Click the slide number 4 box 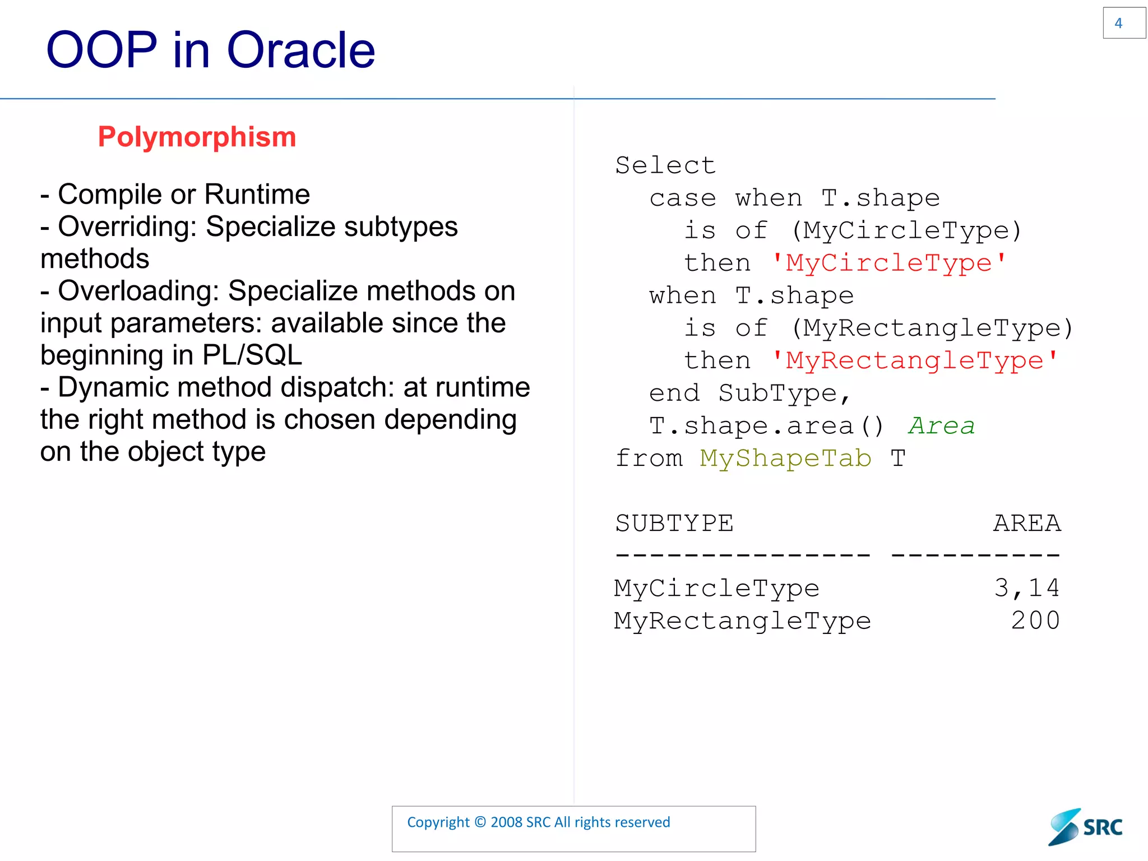(x=1123, y=23)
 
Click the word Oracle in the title (x=300, y=50)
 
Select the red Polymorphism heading (x=197, y=137)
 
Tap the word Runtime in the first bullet (x=257, y=195)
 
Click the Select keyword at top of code (x=665, y=165)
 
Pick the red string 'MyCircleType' (x=889, y=263)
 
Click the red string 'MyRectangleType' (x=914, y=360)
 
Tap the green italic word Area (x=941, y=425)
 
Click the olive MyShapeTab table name (x=785, y=458)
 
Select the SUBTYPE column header (x=674, y=523)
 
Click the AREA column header (x=1026, y=523)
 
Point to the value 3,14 (x=1026, y=588)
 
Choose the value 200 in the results (x=1035, y=621)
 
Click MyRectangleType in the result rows (x=742, y=621)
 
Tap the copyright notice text (x=538, y=822)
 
